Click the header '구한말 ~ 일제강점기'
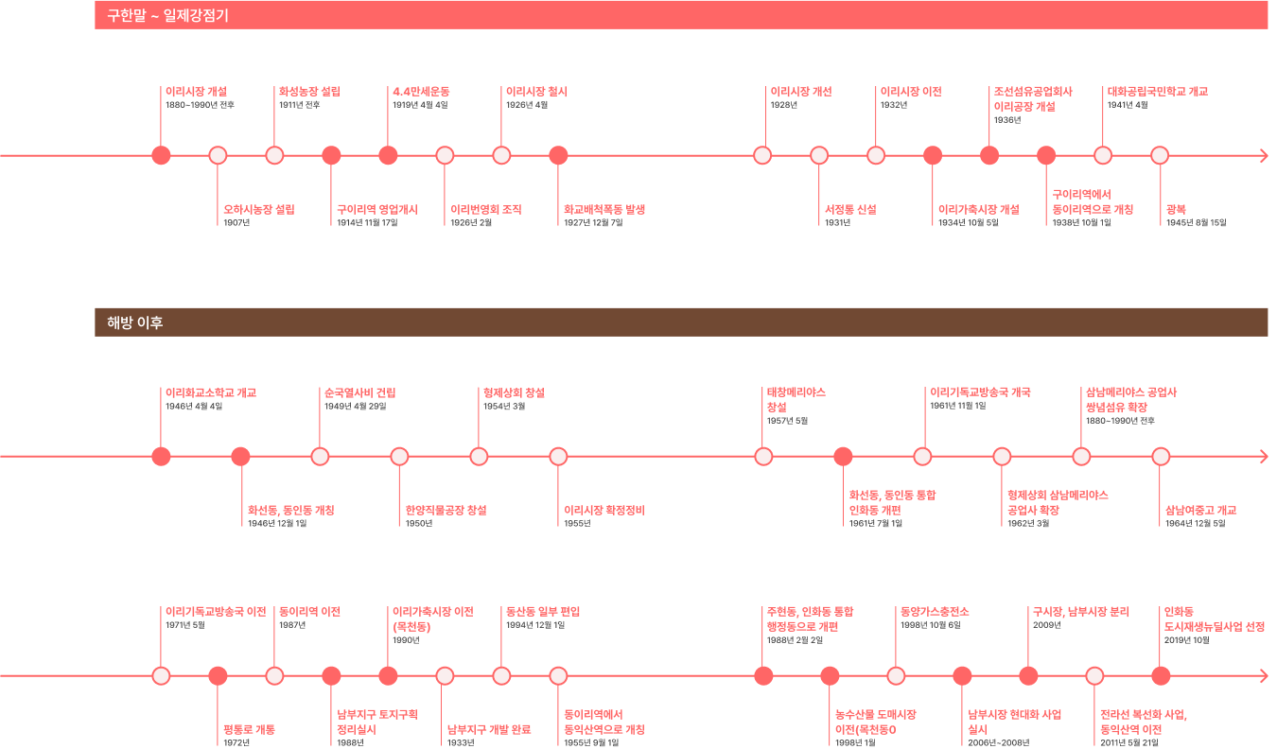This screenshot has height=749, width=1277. [168, 15]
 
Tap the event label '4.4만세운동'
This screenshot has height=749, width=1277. [421, 92]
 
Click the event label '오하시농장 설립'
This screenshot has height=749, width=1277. [259, 209]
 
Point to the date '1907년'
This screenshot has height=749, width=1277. [236, 223]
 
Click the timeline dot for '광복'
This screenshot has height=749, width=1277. [1160, 156]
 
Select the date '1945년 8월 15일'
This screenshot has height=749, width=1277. [1196, 223]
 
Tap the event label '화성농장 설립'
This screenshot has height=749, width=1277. [309, 92]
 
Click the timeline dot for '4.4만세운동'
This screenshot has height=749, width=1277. [388, 156]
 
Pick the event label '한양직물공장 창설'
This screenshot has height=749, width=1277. [446, 510]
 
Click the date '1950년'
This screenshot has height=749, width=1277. [418, 524]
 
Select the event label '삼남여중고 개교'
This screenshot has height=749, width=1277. [1201, 510]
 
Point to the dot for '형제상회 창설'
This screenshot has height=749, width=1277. [479, 457]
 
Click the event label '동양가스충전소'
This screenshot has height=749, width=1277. [935, 612]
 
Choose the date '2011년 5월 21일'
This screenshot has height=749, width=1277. [1129, 743]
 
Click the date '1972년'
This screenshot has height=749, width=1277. [236, 743]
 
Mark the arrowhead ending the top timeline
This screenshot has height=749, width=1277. [1264, 156]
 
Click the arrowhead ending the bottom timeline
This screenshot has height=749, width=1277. [1264, 676]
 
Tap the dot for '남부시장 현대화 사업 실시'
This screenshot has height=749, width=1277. [962, 676]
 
